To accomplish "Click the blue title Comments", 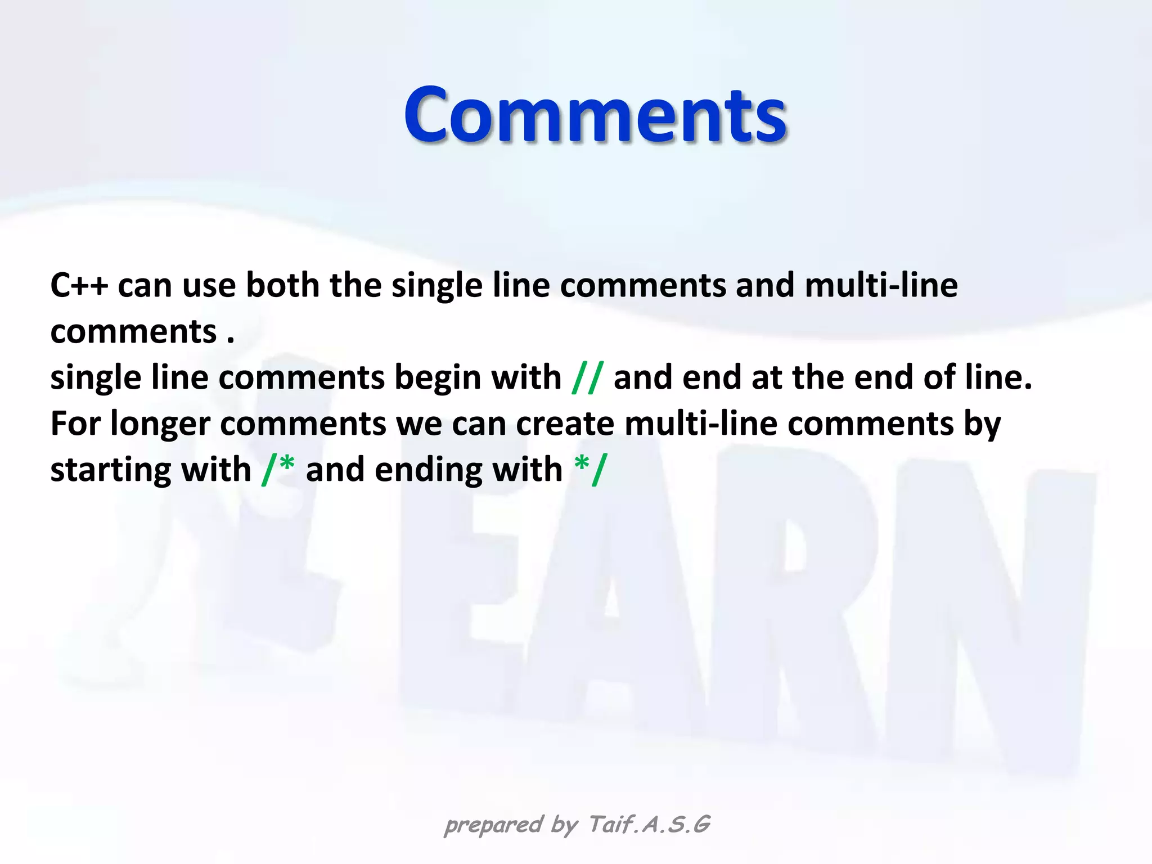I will [x=595, y=115].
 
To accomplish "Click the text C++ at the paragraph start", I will [x=79, y=285].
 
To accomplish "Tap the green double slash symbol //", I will [x=587, y=377].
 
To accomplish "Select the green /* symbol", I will [x=278, y=469].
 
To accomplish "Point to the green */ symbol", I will [x=591, y=469].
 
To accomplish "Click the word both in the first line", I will [x=282, y=285].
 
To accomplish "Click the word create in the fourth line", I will [x=565, y=424].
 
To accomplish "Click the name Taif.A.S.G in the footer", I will [x=649, y=825].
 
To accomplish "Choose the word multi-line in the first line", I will [x=881, y=285].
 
